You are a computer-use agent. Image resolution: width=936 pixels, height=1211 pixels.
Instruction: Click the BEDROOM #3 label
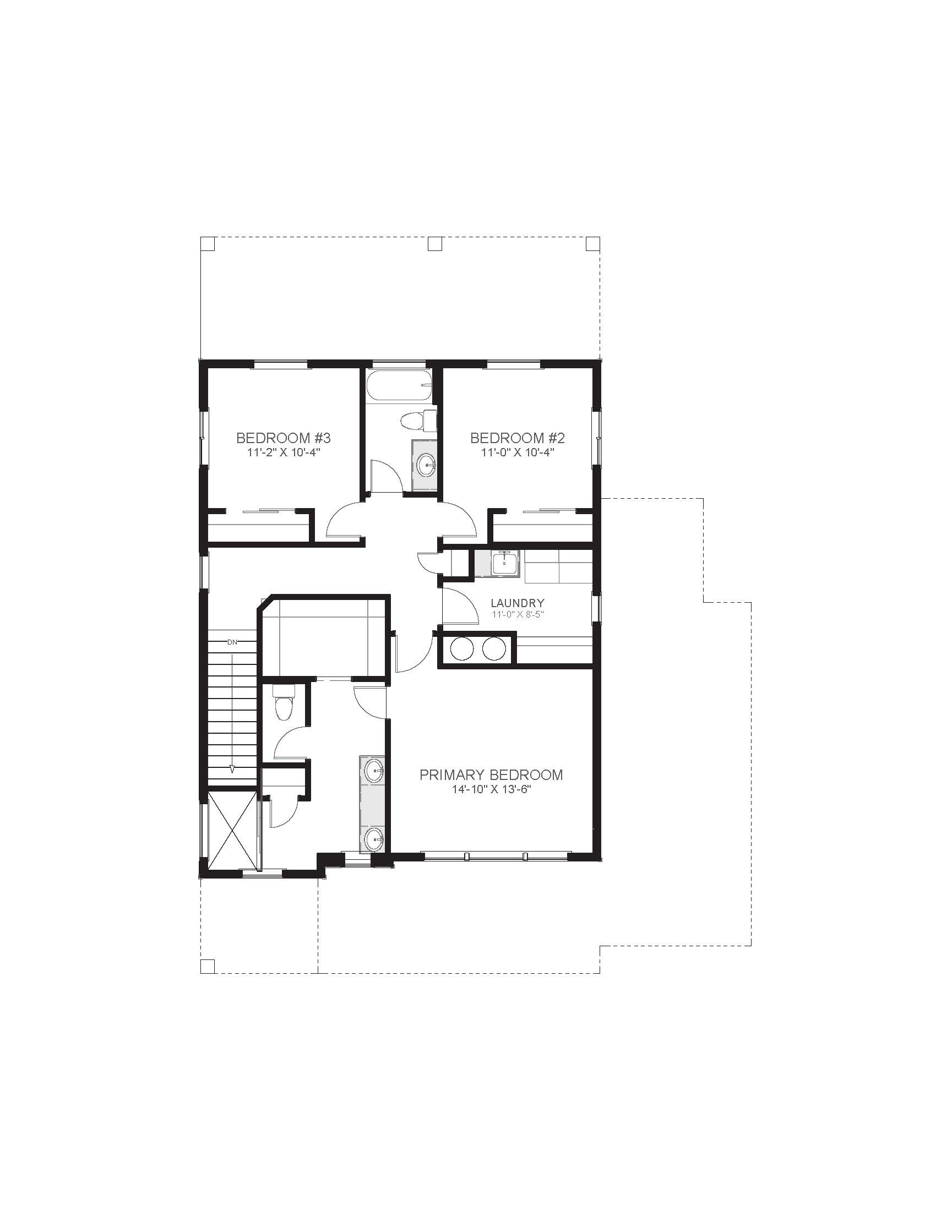(284, 438)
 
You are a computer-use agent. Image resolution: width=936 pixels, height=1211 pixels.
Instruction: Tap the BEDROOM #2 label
(518, 438)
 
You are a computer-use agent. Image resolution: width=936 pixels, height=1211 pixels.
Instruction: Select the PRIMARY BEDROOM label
(491, 774)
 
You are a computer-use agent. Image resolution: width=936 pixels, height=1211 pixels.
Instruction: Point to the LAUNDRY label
(518, 603)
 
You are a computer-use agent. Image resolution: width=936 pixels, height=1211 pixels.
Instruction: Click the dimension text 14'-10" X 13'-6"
(491, 789)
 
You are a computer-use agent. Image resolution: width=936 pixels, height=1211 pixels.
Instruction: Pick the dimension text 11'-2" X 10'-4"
(284, 452)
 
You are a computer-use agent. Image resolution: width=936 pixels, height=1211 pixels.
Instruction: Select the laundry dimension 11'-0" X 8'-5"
(518, 614)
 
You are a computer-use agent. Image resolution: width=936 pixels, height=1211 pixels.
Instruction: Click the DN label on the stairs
(232, 642)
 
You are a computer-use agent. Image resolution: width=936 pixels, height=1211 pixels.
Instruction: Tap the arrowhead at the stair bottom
(232, 769)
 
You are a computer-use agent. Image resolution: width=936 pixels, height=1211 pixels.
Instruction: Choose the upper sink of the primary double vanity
(374, 771)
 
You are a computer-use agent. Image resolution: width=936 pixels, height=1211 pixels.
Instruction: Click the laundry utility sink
(504, 564)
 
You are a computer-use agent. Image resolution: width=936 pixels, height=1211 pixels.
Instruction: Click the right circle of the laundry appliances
(493, 649)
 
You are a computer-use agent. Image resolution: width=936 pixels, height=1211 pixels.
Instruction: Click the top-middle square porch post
(436, 244)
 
